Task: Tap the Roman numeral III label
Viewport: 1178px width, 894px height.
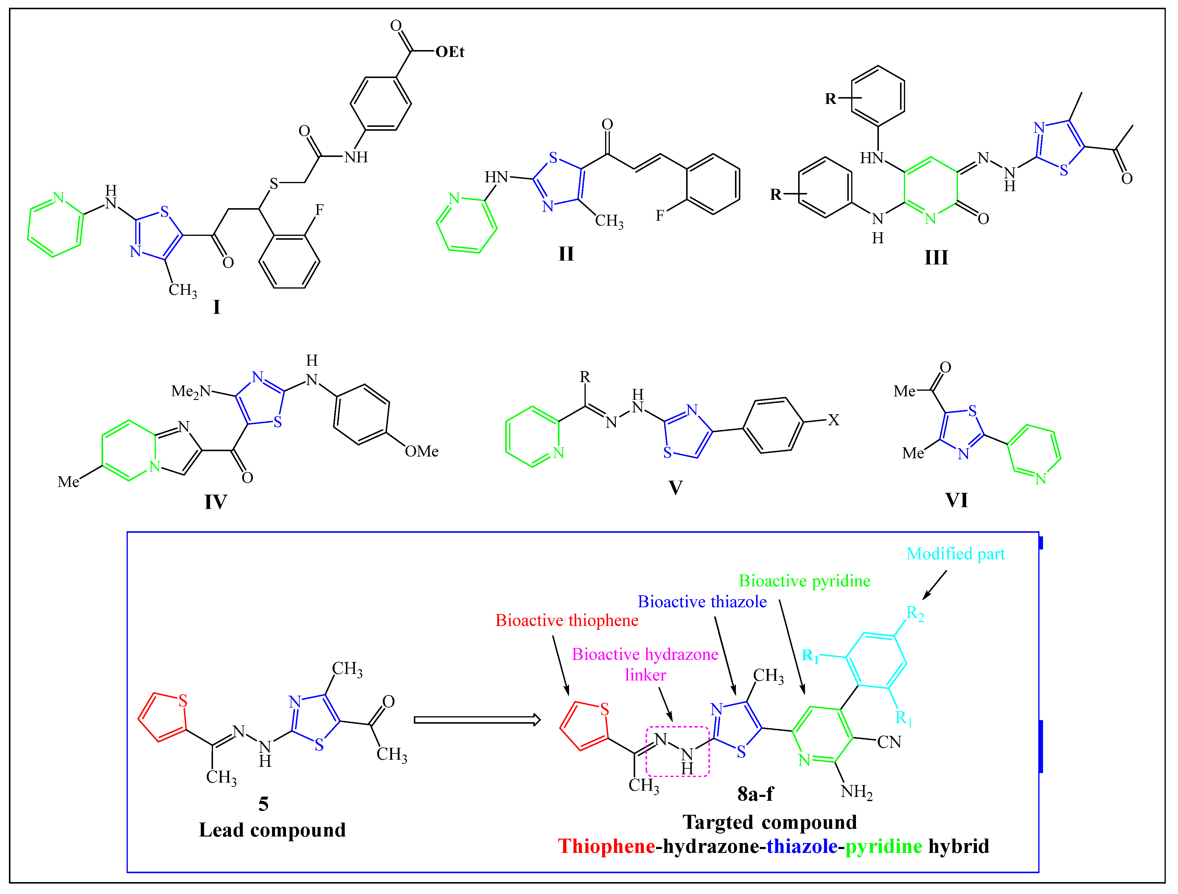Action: pos(936,258)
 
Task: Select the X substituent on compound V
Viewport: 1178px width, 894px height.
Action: pos(833,420)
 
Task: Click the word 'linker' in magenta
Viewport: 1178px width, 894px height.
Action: pos(645,675)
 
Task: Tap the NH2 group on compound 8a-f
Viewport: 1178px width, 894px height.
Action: pos(856,792)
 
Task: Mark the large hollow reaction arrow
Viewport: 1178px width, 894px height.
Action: pos(477,720)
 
